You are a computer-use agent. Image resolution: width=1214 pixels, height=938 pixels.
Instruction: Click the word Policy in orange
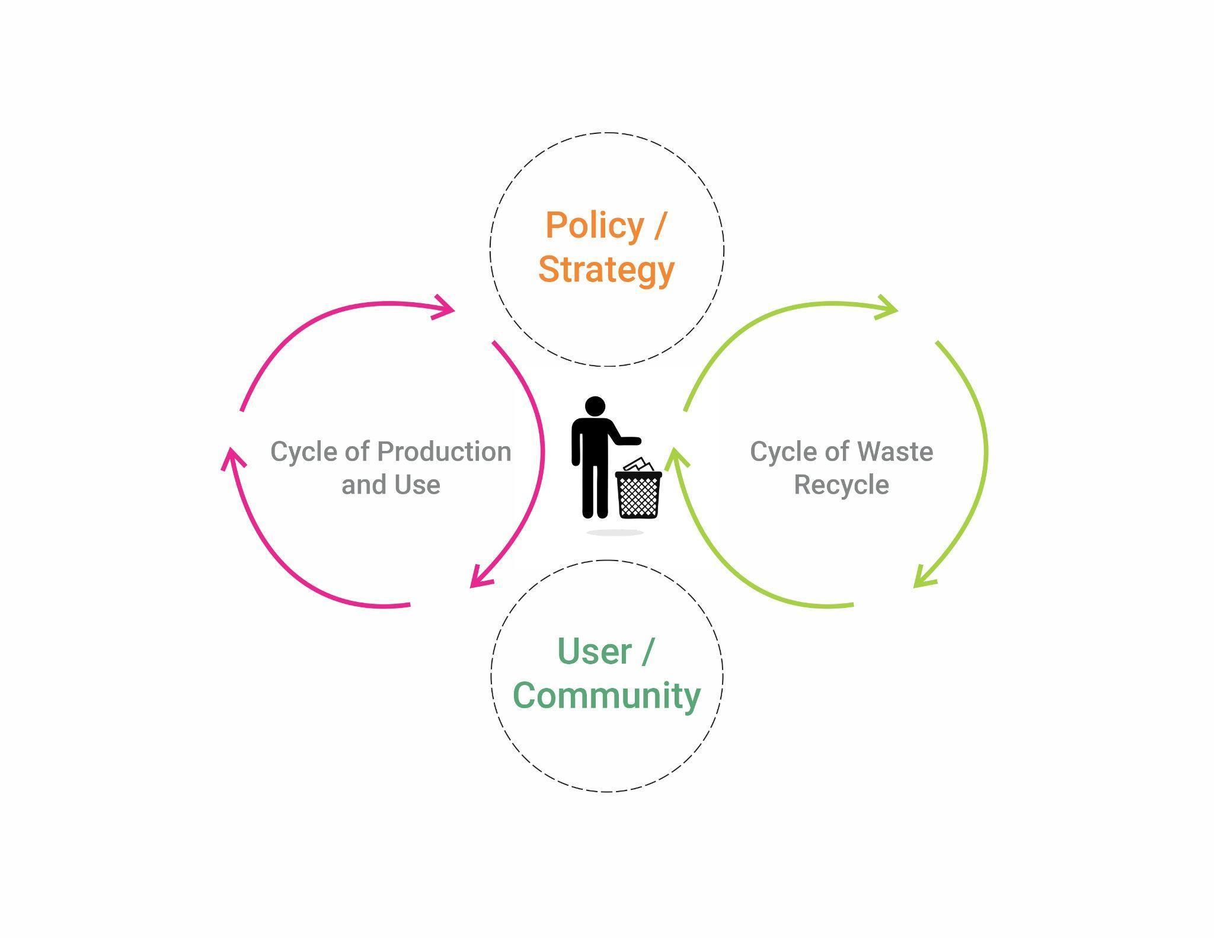pyautogui.click(x=594, y=226)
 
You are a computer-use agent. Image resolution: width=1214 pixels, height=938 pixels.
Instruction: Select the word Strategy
pyautogui.click(x=606, y=270)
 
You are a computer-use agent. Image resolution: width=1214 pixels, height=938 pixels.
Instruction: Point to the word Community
pyautogui.click(x=606, y=695)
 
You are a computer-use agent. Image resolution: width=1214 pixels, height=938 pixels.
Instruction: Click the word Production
pyautogui.click(x=444, y=452)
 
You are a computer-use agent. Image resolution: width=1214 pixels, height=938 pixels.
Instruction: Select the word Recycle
pyautogui.click(x=841, y=485)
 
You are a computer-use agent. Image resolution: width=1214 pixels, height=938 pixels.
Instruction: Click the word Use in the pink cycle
pyautogui.click(x=417, y=485)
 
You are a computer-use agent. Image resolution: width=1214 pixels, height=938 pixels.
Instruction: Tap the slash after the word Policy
pyautogui.click(x=659, y=226)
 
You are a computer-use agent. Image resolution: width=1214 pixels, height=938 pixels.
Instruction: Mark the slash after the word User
pyautogui.click(x=647, y=652)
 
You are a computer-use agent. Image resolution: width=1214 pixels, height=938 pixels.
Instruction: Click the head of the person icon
pyautogui.click(x=595, y=406)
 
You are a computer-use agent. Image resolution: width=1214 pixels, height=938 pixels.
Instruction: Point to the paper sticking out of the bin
pyautogui.click(x=639, y=464)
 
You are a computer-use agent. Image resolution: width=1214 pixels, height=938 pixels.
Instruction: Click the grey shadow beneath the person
pyautogui.click(x=615, y=533)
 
